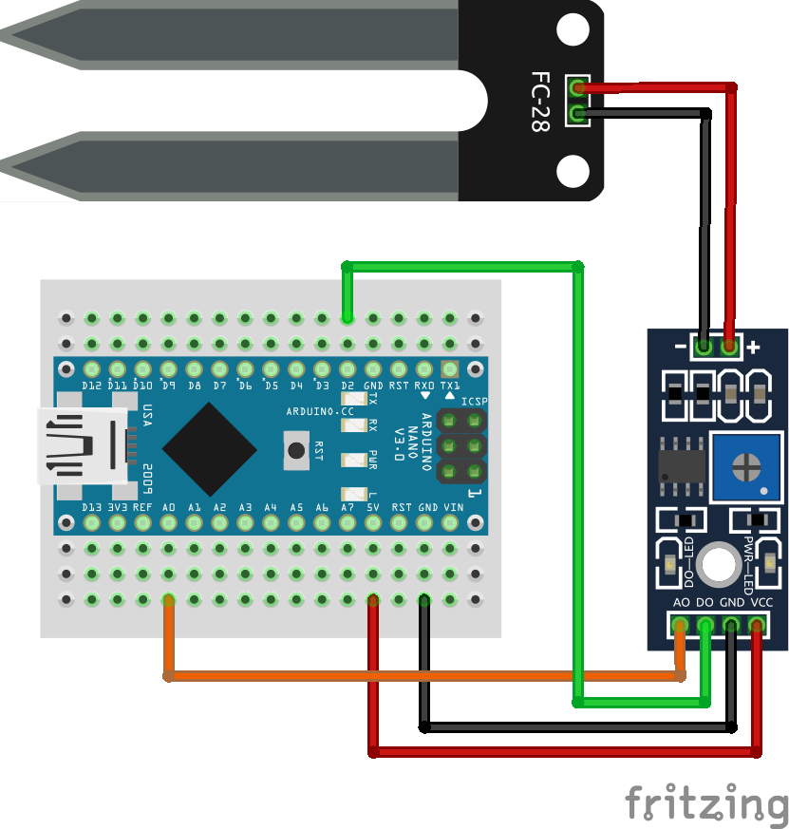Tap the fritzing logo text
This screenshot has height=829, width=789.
point(706,803)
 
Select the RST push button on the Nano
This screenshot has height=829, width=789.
point(296,450)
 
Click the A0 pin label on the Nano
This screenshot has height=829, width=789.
point(169,508)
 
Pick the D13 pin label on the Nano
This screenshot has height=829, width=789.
point(92,508)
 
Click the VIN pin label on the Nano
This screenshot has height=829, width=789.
point(453,508)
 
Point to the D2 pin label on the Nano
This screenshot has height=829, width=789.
point(348,386)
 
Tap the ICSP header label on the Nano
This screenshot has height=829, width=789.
point(474,402)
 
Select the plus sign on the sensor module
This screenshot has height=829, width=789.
point(753,348)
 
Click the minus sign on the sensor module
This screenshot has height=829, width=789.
point(680,348)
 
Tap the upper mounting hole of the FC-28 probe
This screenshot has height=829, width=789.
point(573,29)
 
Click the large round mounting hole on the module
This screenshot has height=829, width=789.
point(718,563)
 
